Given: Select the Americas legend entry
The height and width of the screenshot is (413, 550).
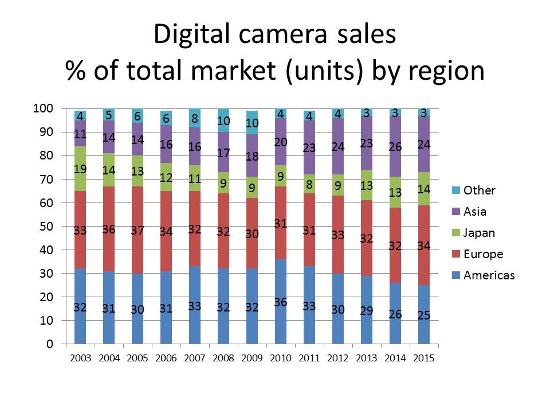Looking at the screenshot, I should coord(489,275).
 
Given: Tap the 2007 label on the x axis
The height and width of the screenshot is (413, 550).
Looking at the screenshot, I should coord(195,359).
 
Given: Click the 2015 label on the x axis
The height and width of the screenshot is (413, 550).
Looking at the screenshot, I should coord(424,359).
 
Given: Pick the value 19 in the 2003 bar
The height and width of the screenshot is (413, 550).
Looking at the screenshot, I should coord(80,169).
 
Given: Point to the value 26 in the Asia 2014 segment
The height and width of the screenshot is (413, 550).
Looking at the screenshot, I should coord(395,147).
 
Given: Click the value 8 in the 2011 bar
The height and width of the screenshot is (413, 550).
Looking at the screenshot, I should coord(309,185).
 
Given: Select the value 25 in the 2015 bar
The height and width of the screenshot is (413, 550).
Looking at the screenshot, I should coord(424,315).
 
